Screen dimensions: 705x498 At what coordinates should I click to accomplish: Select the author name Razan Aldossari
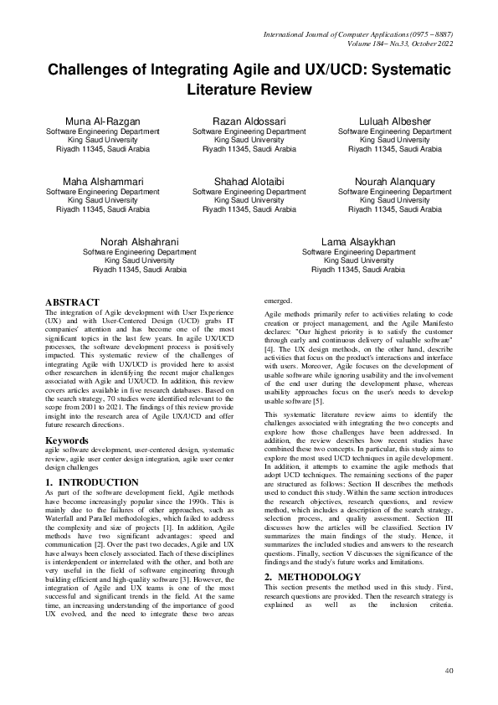249,122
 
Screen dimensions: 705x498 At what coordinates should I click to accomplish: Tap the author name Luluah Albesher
395,122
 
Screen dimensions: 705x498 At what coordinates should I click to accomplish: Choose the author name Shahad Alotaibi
249,182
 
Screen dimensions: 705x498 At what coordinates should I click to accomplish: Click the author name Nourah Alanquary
395,182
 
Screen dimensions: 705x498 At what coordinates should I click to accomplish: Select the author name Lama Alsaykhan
358,242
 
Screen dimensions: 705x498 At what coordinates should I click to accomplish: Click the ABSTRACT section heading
72,302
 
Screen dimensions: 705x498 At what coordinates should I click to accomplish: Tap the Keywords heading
67,440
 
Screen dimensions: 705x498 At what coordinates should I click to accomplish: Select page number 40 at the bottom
449,670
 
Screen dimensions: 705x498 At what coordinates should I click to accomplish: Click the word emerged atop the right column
279,300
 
